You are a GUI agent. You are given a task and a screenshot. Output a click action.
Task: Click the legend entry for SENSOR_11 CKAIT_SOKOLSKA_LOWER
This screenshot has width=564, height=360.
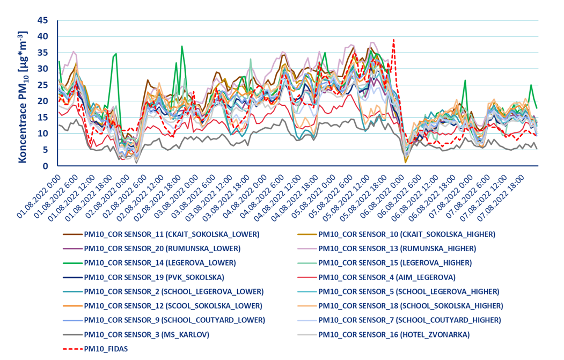tap(172, 234)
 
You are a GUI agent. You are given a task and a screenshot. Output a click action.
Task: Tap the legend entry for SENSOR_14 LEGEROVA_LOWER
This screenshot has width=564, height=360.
tap(161, 263)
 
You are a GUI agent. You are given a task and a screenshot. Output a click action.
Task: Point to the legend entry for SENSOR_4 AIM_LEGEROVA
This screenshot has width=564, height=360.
tap(387, 277)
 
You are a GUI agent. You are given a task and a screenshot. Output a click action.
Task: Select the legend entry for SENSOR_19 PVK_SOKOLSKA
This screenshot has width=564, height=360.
tap(153, 277)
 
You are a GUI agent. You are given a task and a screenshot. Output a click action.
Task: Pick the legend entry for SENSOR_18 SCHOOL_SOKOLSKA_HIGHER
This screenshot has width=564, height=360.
tap(411, 306)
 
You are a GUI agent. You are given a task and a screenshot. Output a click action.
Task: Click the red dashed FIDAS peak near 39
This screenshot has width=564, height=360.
tap(393, 40)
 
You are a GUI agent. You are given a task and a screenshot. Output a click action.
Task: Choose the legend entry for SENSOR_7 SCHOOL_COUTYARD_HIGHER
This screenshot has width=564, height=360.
tap(409, 320)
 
